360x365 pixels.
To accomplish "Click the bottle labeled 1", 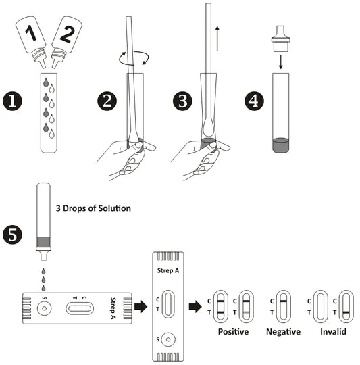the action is click(31, 41).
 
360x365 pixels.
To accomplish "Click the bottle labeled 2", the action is click(66, 41).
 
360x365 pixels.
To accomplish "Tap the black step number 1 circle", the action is click(12, 101).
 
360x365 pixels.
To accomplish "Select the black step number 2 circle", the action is click(107, 101).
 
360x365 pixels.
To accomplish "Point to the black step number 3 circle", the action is click(182, 101).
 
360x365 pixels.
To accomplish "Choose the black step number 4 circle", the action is click(254, 101).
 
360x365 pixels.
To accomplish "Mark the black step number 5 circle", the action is click(12, 235).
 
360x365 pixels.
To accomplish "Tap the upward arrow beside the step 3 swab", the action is click(217, 39).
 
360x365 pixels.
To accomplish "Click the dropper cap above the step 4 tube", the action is click(281, 39).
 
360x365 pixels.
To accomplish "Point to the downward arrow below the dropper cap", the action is click(281, 62).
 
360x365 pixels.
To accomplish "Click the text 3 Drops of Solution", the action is click(93, 208).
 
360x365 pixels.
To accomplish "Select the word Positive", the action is click(233, 331).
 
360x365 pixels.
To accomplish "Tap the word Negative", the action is click(283, 331).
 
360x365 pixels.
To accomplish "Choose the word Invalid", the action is click(333, 331).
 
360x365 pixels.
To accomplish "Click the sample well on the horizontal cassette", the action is click(44, 308).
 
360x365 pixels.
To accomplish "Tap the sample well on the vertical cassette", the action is click(168, 339).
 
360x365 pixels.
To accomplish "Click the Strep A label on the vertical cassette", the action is click(168, 271).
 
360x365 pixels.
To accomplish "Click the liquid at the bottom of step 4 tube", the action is click(281, 145).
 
